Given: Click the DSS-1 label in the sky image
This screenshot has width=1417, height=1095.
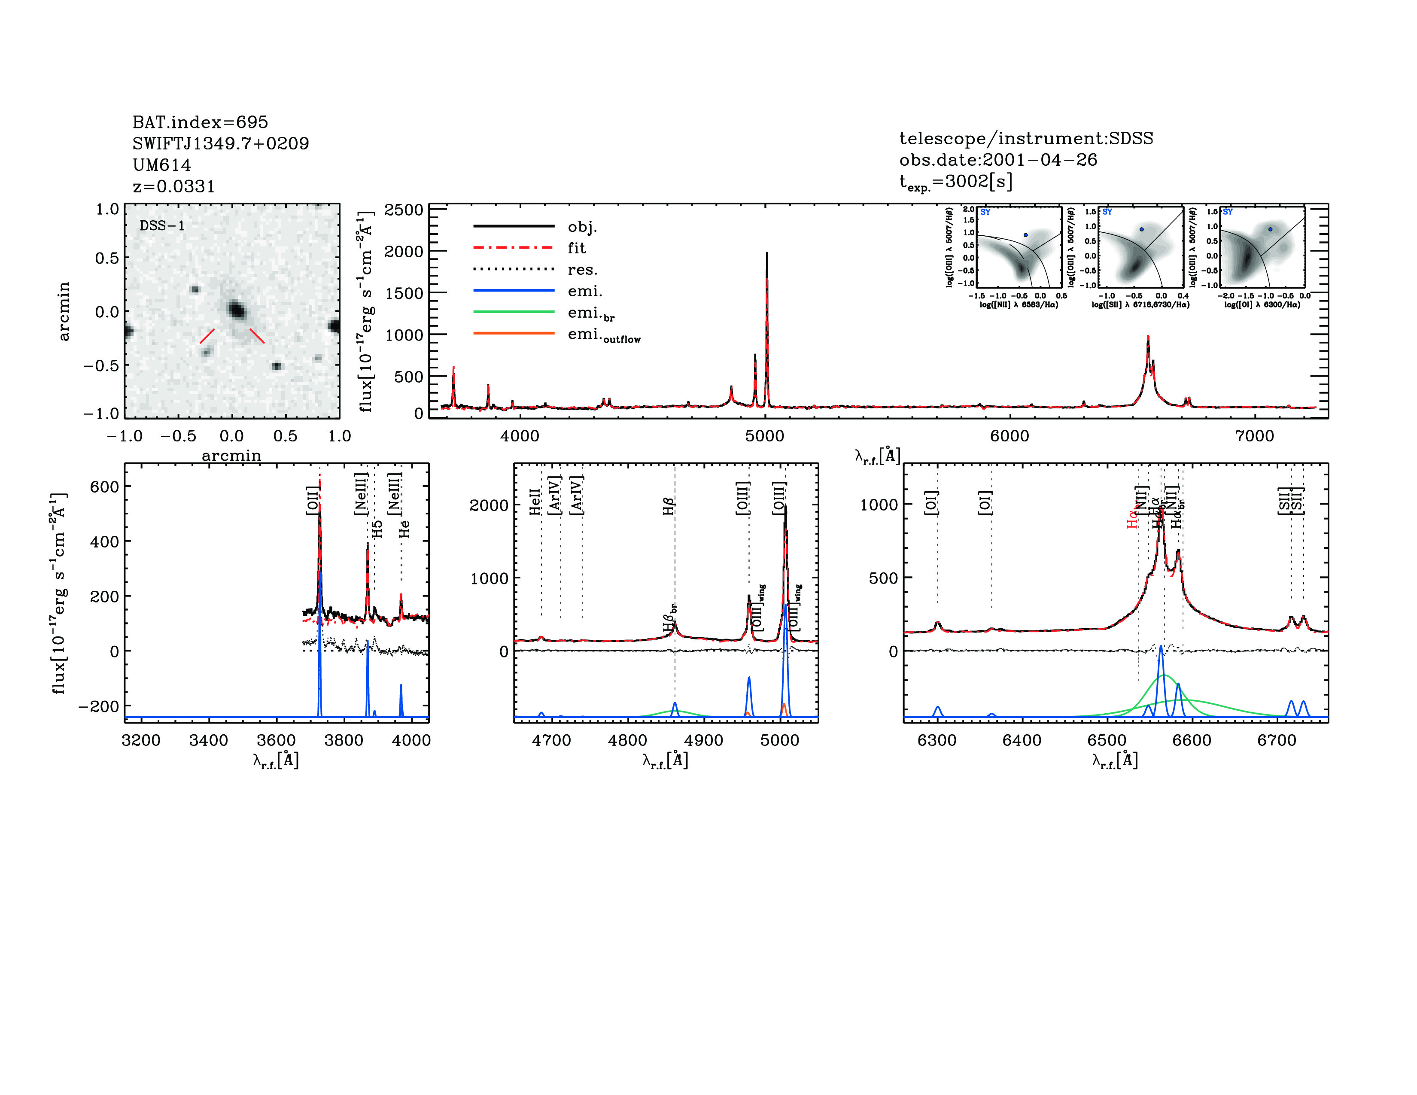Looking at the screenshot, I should tap(162, 226).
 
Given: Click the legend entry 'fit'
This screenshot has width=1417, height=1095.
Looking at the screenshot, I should tap(576, 248).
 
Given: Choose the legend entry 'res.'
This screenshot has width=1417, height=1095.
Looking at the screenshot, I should tap(582, 269).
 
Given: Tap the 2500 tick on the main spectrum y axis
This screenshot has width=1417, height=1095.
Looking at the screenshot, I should tap(404, 210).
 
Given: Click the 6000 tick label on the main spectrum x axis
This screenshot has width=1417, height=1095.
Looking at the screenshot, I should tap(1009, 436).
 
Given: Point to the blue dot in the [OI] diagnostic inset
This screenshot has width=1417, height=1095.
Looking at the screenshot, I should tap(1270, 229).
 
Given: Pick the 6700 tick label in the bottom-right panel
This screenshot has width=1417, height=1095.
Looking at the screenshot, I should tap(1276, 740).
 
